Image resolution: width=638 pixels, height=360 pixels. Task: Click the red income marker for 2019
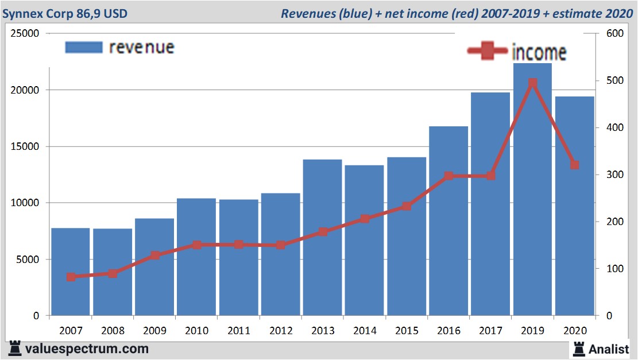coord(532,83)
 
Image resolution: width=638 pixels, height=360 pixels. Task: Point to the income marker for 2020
coord(574,165)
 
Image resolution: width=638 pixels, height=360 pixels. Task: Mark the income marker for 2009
coord(154,256)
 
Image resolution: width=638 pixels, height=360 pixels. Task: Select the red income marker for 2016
coord(448,176)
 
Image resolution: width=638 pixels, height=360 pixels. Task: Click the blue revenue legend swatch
coord(83,47)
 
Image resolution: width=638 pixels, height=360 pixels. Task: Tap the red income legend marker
coord(488,52)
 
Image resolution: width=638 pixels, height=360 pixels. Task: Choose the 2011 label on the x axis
coord(238,331)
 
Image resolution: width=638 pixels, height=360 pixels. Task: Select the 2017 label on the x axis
coord(490,331)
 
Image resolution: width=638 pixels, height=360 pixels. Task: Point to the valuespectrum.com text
coord(87,349)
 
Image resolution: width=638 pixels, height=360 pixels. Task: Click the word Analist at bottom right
coord(609,349)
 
